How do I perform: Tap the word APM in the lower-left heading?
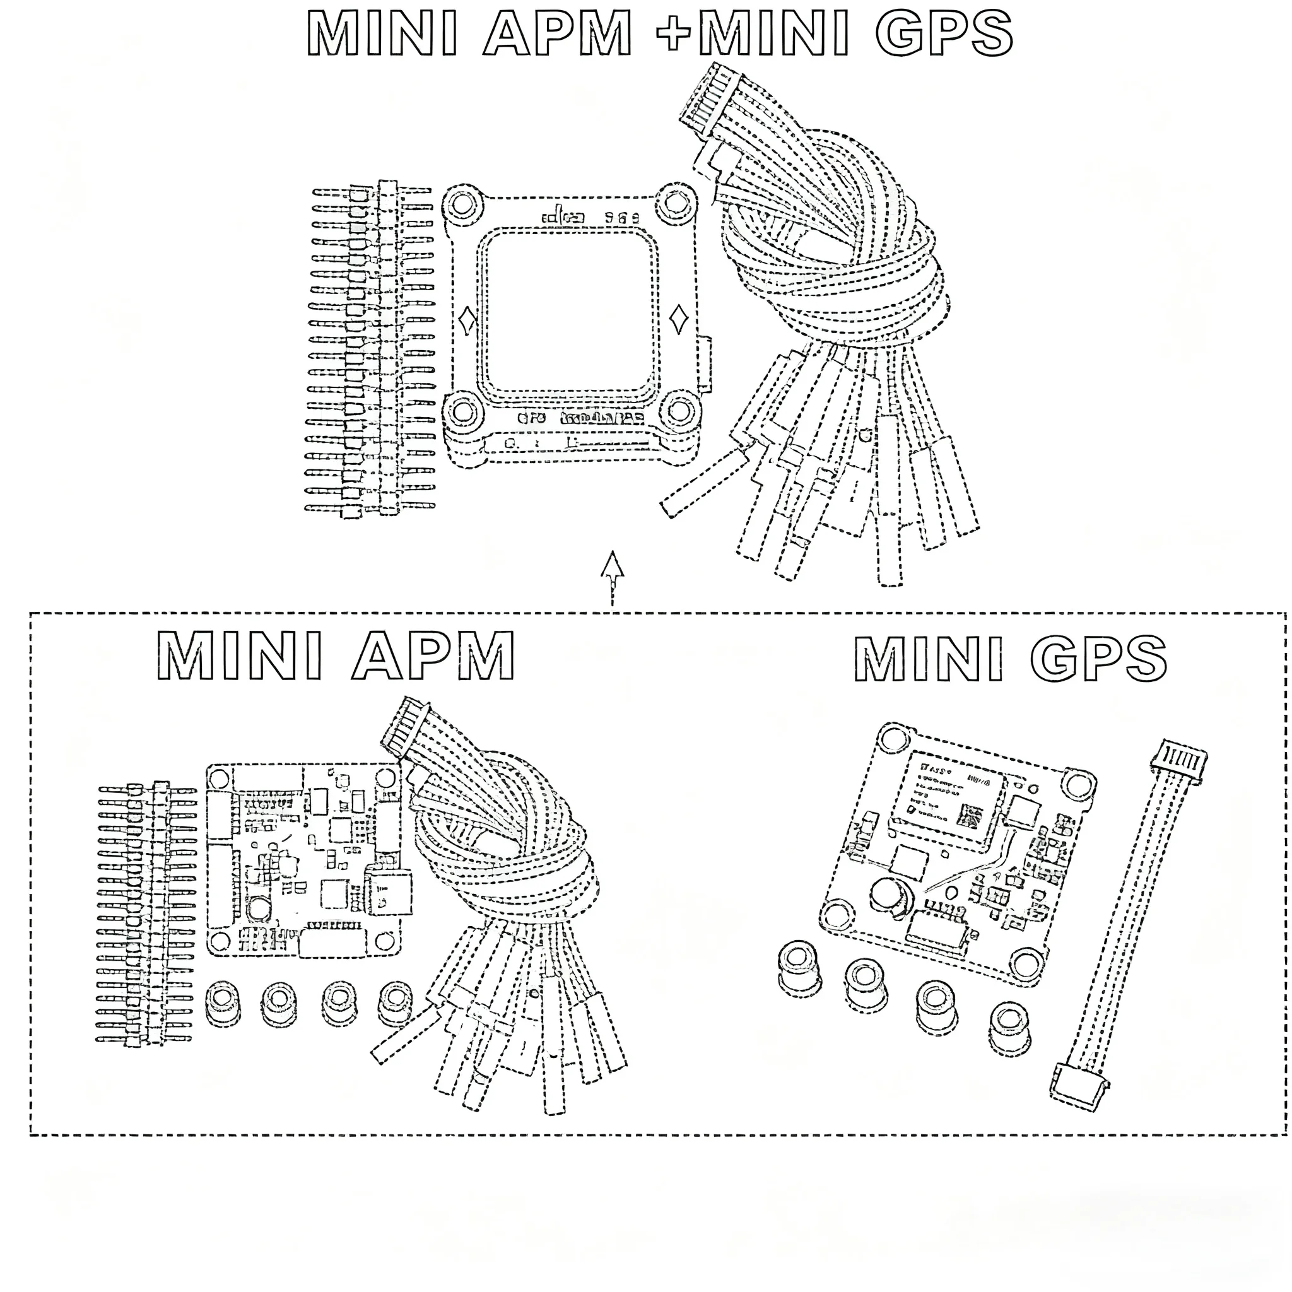pos(434,656)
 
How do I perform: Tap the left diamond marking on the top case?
pos(467,320)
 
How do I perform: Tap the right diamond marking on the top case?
pos(678,319)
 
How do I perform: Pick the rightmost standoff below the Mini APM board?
pos(395,1002)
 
